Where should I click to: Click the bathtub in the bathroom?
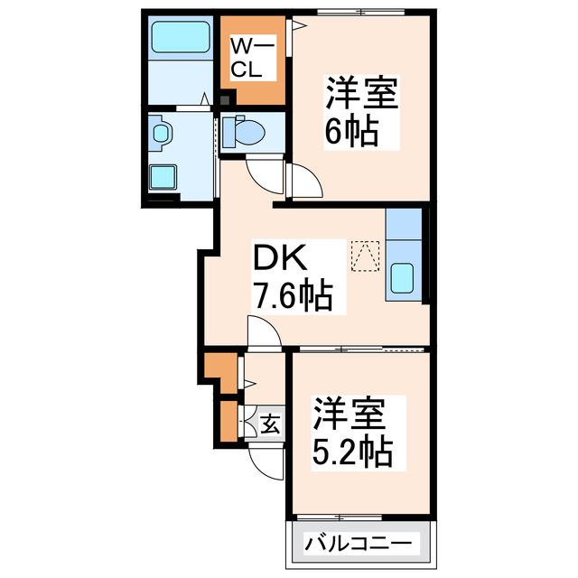click(181, 36)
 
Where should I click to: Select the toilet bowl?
click(245, 132)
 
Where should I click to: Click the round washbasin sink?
click(161, 133)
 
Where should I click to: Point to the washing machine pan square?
click(163, 177)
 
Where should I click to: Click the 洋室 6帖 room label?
click(361, 112)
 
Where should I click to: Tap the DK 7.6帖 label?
click(294, 277)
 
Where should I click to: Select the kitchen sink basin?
click(401, 278)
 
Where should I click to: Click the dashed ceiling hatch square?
click(365, 256)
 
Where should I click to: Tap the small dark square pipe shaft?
click(225, 100)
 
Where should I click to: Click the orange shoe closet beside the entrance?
click(228, 422)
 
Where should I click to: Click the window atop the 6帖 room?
click(361, 13)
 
